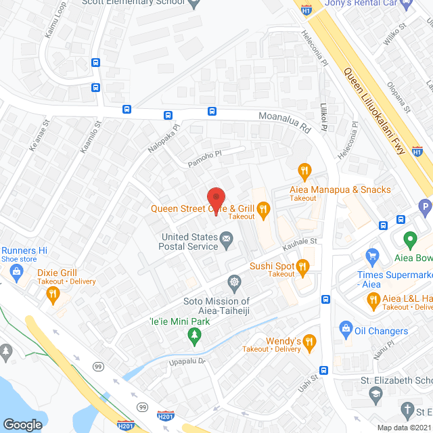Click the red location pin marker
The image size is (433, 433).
coord(216,201)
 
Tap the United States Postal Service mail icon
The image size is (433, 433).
coord(227,237)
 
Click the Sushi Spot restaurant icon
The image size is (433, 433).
coord(303,269)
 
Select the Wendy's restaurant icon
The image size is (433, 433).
coord(310,341)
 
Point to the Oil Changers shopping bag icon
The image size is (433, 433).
coord(346,329)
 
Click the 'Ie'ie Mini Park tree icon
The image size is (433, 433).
coord(195,334)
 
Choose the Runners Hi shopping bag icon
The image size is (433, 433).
coord(17,271)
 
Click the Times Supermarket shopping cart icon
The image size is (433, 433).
coord(371,256)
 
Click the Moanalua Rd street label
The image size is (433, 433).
coord(284,122)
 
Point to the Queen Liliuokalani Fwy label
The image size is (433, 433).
coord(373,111)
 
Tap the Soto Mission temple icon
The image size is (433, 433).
coord(234,282)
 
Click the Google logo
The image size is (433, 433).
coord(22,424)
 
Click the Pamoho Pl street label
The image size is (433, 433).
coord(206,158)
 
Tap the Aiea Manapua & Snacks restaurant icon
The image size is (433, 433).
coord(304,169)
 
